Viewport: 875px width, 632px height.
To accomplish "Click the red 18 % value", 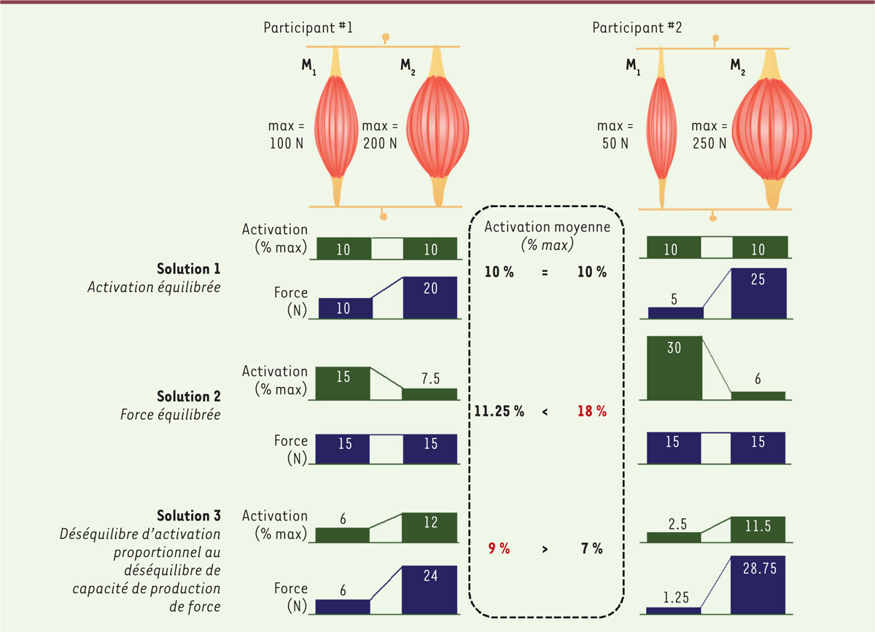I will pos(592,411).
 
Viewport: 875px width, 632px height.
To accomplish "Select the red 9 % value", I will pos(499,549).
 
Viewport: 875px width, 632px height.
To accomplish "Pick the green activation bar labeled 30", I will pos(674,367).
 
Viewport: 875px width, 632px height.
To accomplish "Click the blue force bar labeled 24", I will pos(429,588).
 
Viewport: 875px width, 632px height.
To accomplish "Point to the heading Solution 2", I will pos(189,396).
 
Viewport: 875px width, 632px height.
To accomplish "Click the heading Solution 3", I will pos(189,516).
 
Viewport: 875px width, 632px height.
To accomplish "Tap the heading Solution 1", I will pos(189,268).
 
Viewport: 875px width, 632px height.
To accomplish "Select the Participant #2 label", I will pos(631,28).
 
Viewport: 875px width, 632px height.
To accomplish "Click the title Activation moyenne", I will pos(545,227).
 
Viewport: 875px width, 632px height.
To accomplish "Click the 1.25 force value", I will pos(674,597).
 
